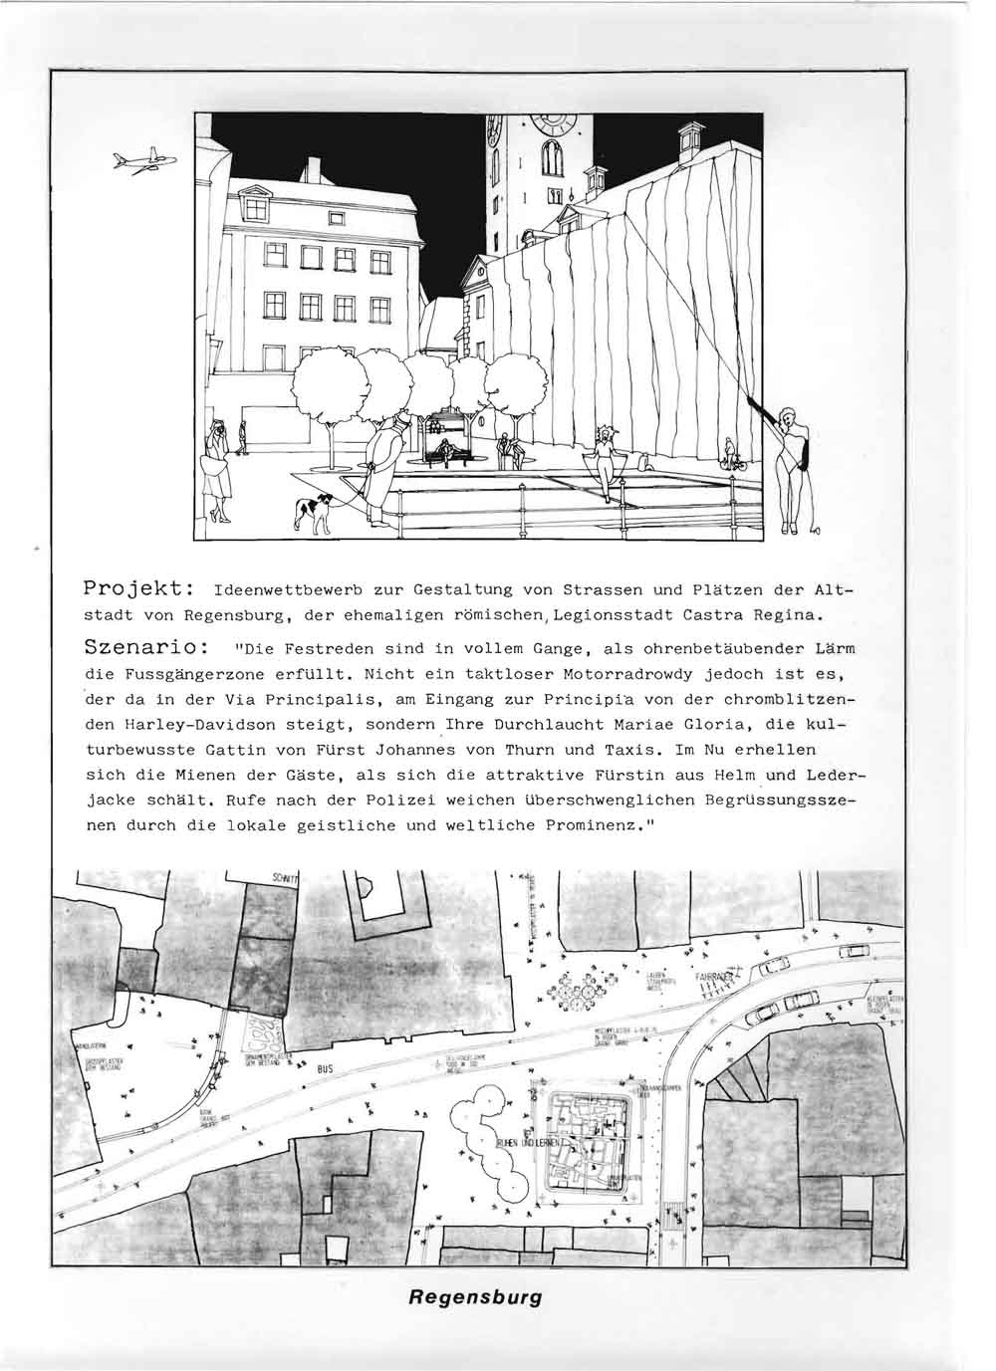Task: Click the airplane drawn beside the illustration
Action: click(143, 161)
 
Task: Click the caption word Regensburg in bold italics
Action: click(474, 1298)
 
